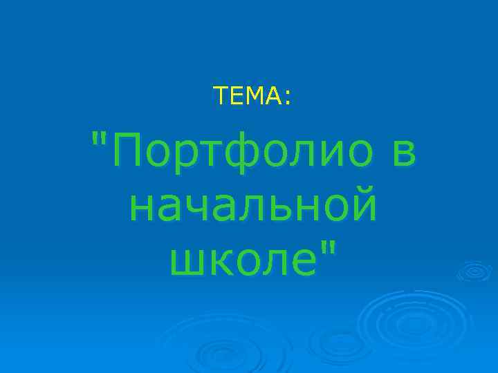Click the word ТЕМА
pos(248,97)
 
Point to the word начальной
pos(253,205)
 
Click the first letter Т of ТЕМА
pos(221,97)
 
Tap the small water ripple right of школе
pos(473,271)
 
